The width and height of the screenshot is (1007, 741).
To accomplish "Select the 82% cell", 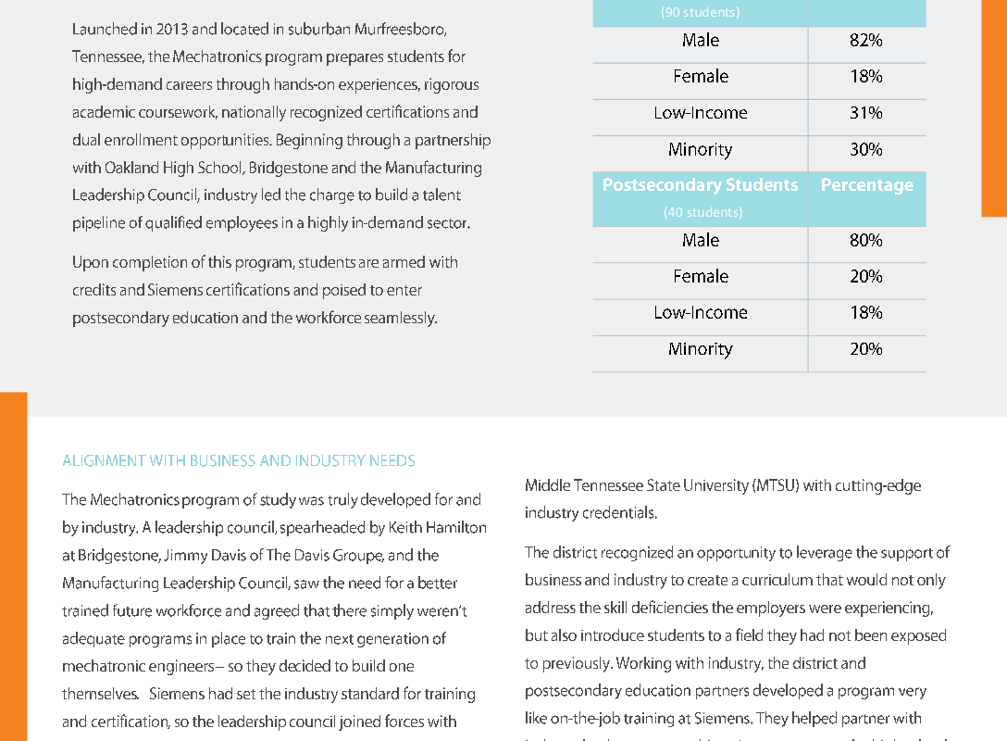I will coord(866,41).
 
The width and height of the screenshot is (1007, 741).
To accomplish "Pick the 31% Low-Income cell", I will coord(866,113).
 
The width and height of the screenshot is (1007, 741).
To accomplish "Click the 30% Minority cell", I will coord(866,149).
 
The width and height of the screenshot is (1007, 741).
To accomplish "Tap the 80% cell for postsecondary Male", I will coord(866,240).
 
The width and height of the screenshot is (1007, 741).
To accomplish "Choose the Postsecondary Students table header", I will coord(700,185).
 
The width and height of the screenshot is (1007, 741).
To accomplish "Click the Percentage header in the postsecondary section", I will coord(866,185).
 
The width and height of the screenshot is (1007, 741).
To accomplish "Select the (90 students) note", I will coord(700,13).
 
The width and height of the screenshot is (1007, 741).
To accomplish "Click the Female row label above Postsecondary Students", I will coord(701,77).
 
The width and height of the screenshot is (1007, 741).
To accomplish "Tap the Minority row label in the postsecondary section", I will coord(701,349).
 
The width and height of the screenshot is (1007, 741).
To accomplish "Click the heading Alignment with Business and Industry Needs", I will coord(239,460).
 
